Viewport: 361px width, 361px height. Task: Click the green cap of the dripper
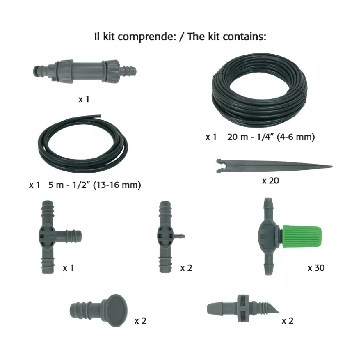[302, 237]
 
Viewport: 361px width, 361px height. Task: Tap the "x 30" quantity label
[316, 268]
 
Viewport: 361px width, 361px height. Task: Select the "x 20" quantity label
[270, 180]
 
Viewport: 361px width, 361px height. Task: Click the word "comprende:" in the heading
[147, 37]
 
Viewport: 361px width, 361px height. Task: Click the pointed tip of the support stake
[332, 166]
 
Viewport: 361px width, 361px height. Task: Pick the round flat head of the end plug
[117, 310]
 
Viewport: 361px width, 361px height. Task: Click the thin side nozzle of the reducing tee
[180, 236]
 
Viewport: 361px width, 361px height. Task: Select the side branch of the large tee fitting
[69, 236]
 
